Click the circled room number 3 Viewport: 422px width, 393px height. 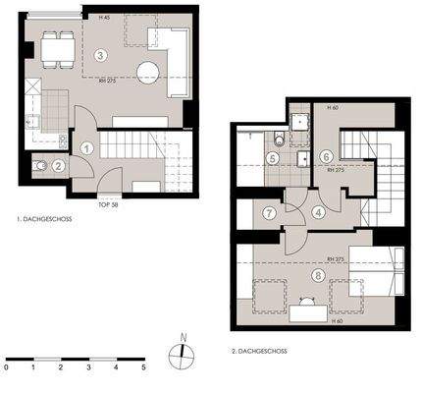point(100,55)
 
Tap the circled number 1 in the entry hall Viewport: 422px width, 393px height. point(86,148)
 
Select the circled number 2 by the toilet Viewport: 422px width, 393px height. point(58,166)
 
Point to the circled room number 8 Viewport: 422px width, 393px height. point(317,276)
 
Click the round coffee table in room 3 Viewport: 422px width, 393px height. point(149,72)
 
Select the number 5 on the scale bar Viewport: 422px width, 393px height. point(142,367)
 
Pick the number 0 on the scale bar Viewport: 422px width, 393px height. point(6,367)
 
